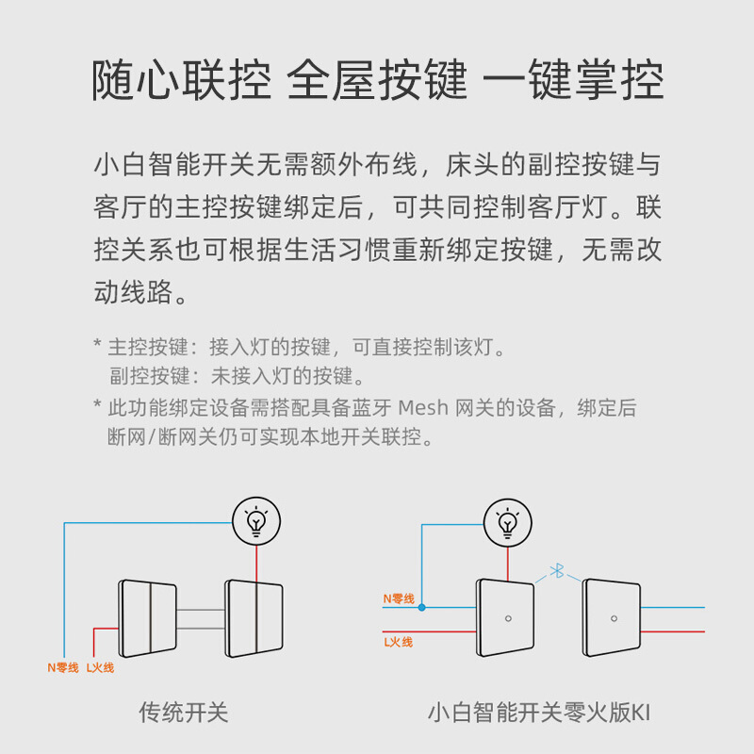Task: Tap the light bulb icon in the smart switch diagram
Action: [507, 521]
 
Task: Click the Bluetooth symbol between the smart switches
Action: [557, 570]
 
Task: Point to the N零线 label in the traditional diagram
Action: [64, 667]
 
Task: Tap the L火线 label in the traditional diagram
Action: [100, 667]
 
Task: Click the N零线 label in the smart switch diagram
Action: [399, 598]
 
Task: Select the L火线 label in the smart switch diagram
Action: [398, 642]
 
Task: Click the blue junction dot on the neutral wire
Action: [422, 607]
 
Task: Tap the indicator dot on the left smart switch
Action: [507, 618]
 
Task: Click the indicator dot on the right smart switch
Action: [613, 618]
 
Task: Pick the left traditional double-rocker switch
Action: [148, 618]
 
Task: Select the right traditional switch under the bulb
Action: [254, 618]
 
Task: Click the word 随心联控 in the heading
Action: [181, 82]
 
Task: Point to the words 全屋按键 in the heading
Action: [377, 82]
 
